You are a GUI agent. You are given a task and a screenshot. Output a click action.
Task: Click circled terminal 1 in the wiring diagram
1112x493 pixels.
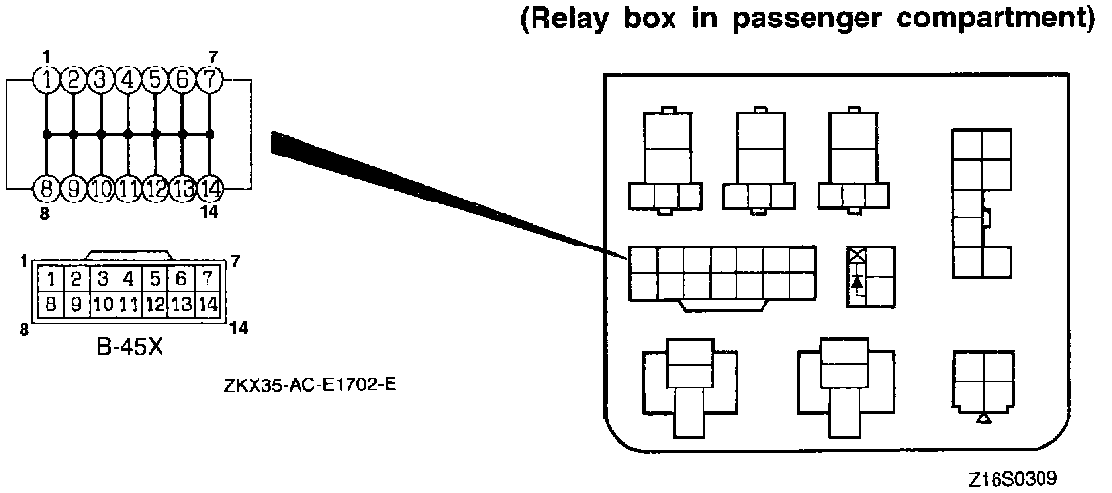coord(46,79)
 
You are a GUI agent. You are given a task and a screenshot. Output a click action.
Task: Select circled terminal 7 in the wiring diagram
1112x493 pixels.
coord(209,79)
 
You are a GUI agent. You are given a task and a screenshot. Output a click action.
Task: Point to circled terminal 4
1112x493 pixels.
coord(128,79)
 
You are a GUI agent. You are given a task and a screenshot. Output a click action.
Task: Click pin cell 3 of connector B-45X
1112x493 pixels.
coord(102,280)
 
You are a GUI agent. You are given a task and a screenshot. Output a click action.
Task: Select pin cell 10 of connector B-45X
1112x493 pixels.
coord(102,304)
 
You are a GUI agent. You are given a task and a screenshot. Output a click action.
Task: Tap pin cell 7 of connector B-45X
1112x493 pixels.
coord(206,280)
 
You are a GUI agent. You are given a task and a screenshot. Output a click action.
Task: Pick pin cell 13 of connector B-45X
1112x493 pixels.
coord(180,304)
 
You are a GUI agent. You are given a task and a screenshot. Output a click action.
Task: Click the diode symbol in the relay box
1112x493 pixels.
coord(858,282)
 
